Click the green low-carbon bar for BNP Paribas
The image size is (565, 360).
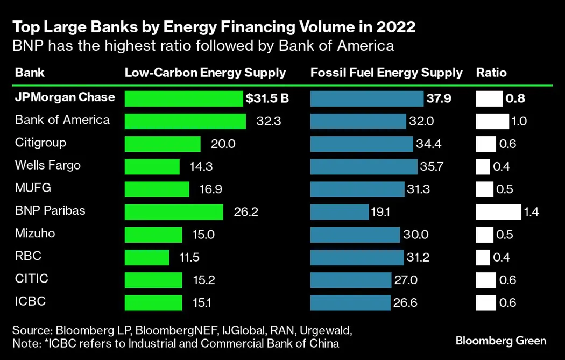click(x=173, y=212)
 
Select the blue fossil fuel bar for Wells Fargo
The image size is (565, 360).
click(x=364, y=167)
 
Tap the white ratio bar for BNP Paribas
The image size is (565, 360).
click(x=498, y=212)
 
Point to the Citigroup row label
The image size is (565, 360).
click(x=40, y=143)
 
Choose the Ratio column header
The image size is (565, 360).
click(x=491, y=73)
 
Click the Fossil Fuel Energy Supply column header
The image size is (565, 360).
click(x=386, y=73)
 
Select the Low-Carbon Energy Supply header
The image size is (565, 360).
click(x=205, y=73)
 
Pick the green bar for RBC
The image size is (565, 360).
click(x=146, y=257)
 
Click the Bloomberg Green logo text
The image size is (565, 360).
click(x=500, y=341)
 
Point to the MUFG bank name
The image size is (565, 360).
click(x=33, y=188)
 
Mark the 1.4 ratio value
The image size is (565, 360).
click(x=531, y=212)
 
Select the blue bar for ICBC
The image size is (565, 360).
click(x=350, y=302)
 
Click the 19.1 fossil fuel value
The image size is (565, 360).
click(x=380, y=212)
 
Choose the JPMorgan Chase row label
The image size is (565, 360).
click(x=65, y=97)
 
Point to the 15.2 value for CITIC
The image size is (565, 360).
click(x=203, y=280)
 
